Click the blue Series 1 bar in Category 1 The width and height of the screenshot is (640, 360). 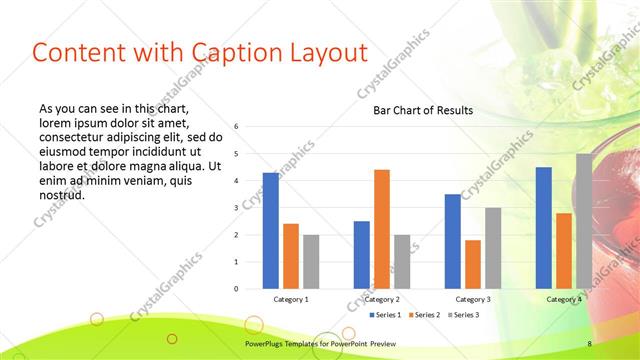(271, 231)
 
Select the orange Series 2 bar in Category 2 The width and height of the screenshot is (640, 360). (382, 229)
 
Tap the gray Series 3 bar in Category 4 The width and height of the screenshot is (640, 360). (584, 221)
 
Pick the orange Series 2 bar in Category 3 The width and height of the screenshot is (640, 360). (473, 264)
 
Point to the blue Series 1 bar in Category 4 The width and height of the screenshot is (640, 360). (544, 228)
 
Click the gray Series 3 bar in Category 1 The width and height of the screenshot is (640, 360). (311, 262)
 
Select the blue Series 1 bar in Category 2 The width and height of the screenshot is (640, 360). (362, 255)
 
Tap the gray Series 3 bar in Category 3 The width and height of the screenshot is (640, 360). (493, 248)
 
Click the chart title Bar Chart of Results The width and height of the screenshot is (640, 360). (423, 110)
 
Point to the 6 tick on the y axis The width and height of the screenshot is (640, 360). (236, 127)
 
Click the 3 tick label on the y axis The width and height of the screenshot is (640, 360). (236, 208)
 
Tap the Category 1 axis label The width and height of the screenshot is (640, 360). (291, 299)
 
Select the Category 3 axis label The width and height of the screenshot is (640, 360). (473, 299)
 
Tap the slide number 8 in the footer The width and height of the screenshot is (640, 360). (589, 344)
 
